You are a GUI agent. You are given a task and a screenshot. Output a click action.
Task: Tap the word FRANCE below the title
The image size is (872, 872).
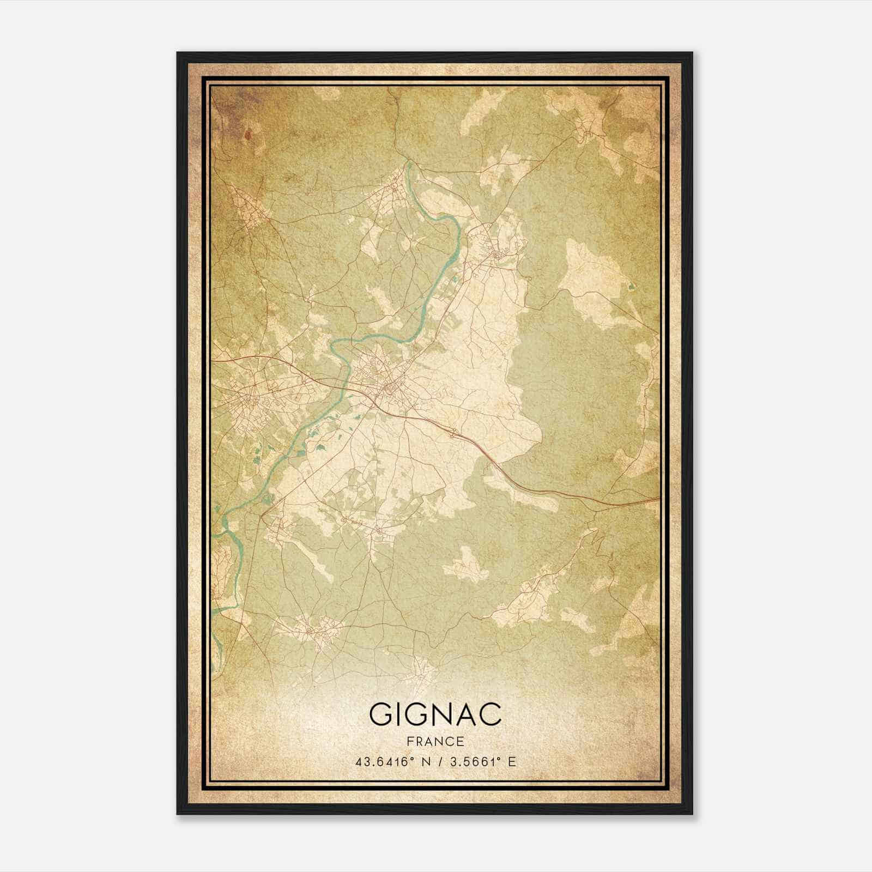click(x=435, y=742)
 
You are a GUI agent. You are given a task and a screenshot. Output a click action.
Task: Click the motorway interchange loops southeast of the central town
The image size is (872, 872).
click(x=453, y=433)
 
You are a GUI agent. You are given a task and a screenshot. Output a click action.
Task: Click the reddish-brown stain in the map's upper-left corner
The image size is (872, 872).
click(x=249, y=134)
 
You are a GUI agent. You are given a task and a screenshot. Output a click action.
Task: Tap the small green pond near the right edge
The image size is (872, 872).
click(x=631, y=286)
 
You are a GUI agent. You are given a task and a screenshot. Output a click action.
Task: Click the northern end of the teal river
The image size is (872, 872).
click(x=407, y=162)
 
